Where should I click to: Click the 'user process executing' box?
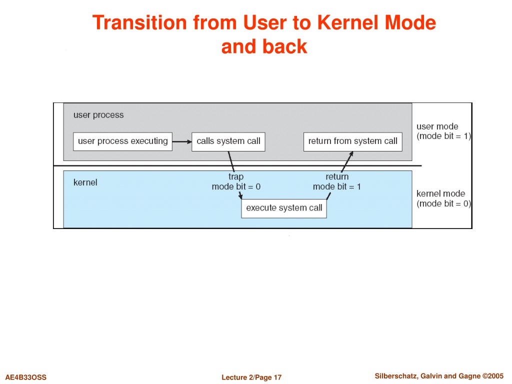coord(123,141)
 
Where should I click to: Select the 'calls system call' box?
coord(228,141)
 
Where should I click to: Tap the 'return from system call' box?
coord(352,141)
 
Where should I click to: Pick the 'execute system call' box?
coord(284,208)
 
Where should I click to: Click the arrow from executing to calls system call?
coord(182,141)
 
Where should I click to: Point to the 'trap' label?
coord(236,177)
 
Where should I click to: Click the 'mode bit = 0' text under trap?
coord(236,187)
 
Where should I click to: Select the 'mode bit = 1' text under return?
coord(336,187)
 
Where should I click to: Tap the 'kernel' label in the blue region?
coord(85,182)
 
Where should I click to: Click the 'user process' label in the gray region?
coord(98,115)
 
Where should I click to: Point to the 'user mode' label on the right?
coord(437,126)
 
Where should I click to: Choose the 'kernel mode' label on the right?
coord(440,193)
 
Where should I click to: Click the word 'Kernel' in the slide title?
coord(348,22)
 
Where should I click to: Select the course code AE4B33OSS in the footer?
coord(26,377)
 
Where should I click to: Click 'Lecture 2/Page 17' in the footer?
coord(251,377)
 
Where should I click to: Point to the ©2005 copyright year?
coord(493,376)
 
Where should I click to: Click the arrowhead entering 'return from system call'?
coord(351,153)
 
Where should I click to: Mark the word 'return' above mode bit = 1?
coord(337,176)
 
